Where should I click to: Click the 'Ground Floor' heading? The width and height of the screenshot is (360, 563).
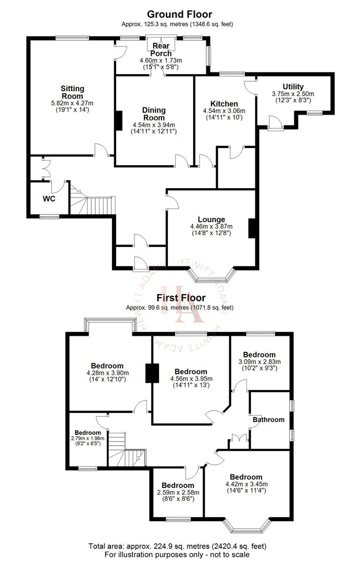(179, 14)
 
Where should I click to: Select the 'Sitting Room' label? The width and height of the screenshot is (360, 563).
(72, 92)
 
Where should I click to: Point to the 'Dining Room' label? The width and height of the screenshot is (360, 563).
(154, 114)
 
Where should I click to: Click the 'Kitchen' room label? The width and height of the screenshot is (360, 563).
(224, 104)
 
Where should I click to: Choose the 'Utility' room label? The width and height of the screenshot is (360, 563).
(293, 87)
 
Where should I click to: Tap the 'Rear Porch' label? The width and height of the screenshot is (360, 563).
(161, 50)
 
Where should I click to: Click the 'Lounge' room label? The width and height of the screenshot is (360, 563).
(212, 219)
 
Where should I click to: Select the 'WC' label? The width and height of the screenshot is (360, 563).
(49, 199)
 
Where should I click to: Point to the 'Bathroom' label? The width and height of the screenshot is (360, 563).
(269, 420)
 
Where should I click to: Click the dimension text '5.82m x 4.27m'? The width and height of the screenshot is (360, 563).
(72, 103)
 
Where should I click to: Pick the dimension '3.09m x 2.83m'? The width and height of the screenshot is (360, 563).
(259, 362)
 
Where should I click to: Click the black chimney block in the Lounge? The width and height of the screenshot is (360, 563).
(252, 228)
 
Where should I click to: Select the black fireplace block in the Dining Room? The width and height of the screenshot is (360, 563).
(118, 120)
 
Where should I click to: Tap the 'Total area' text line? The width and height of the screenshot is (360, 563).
(179, 546)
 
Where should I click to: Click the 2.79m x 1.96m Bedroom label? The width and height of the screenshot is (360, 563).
(88, 433)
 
